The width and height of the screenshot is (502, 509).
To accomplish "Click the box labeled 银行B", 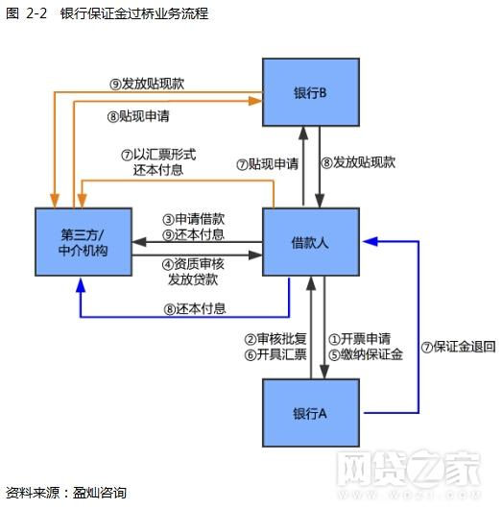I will (310, 92).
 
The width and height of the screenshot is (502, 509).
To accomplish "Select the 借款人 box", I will (310, 243).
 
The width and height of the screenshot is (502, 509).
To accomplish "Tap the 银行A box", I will (310, 413).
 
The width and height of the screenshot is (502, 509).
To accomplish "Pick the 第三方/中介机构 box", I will (82, 243).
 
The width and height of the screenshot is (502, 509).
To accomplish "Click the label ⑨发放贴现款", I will (147, 84).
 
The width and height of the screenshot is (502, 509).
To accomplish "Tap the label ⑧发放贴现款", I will (358, 163).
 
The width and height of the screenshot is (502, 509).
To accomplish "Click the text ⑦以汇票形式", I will (158, 154).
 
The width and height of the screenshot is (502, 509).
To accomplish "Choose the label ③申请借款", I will (194, 219).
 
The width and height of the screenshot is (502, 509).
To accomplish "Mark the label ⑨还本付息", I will (194, 234).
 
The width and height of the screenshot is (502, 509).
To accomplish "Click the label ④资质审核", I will (194, 264).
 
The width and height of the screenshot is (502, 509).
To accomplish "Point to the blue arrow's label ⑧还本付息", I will (195, 309).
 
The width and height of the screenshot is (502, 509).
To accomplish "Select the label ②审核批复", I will (275, 338).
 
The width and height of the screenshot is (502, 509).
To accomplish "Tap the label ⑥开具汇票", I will (275, 353).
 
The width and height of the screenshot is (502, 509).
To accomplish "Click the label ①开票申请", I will (359, 338).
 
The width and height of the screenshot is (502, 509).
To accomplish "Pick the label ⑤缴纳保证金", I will (366, 353).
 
